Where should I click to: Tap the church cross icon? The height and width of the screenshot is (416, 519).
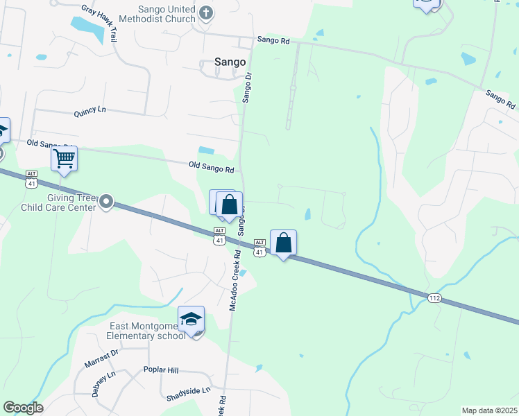[206, 12]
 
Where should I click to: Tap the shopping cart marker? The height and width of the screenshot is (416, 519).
[65, 158]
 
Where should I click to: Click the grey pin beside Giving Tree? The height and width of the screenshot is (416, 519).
[106, 202]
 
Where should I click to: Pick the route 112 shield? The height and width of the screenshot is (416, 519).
[434, 298]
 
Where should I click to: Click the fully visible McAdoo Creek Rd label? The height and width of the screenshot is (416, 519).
[236, 281]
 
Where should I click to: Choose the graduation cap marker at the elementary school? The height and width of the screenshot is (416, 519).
[191, 319]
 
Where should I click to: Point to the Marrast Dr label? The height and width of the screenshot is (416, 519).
[101, 358]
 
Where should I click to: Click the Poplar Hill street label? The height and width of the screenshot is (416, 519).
[161, 370]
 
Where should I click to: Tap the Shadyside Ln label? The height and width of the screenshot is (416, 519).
[188, 394]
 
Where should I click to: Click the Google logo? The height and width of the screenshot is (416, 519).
[23, 408]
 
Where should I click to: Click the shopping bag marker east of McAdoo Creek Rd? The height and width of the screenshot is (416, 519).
[283, 243]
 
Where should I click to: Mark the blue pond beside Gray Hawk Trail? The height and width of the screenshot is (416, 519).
[85, 26]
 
